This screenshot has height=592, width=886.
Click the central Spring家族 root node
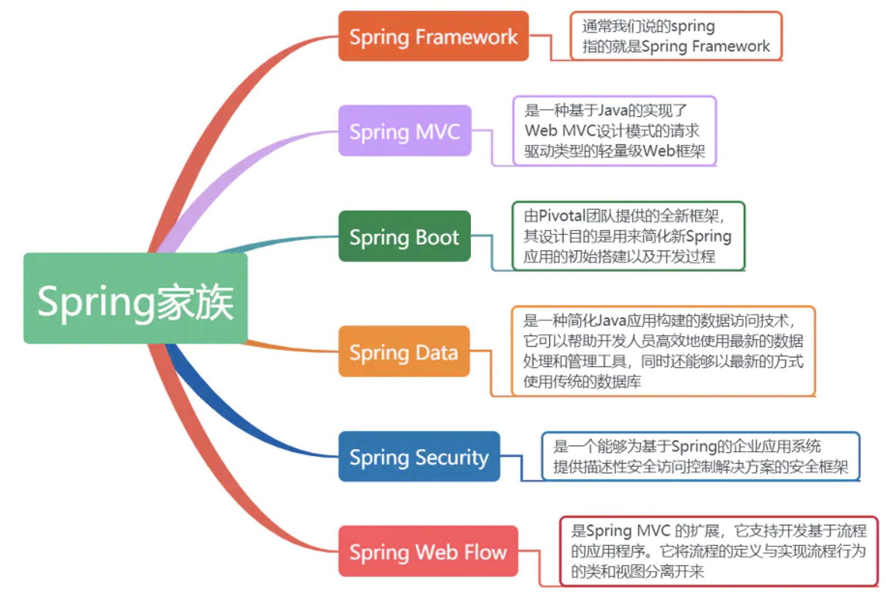coord(135,299)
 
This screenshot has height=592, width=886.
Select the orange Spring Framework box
coord(433,36)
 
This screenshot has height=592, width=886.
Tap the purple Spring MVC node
coord(404,131)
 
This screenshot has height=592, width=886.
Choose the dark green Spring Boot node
coord(404,237)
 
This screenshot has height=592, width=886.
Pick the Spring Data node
coord(404,351)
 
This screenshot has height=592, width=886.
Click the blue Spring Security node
coord(419,457)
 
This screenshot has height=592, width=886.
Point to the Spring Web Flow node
coord(428,551)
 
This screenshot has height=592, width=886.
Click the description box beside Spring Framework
coord(675,36)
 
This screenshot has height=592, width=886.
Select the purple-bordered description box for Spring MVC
coord(614,131)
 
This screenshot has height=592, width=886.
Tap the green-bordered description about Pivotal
coord(628,236)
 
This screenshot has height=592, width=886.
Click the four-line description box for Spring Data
coord(663,351)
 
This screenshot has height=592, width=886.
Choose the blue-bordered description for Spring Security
coord(700,456)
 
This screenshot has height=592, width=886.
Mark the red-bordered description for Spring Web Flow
coord(718,551)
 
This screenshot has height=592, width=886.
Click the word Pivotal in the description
coord(562,216)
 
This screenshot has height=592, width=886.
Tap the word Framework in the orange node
coord(466,36)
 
